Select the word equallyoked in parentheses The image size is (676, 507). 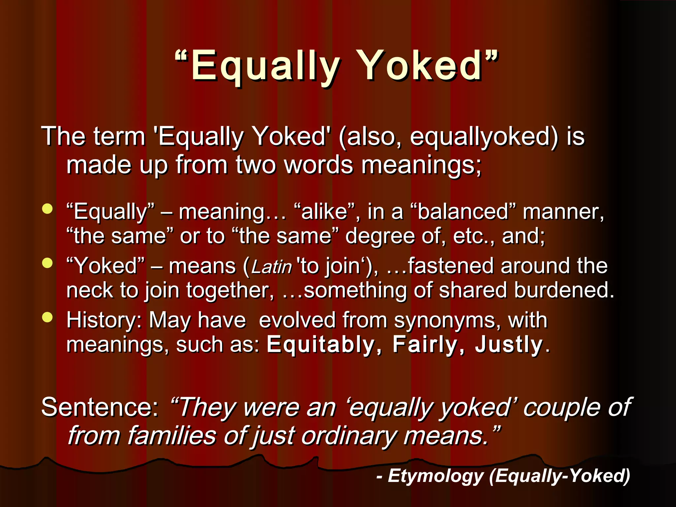[484, 136]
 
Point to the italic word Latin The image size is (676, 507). [272, 267]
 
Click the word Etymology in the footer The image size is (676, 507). [435, 476]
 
